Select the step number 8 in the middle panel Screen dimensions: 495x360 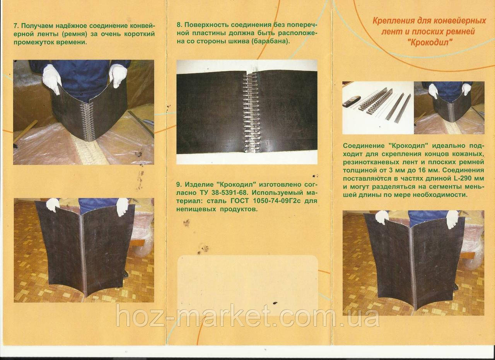tap(179, 25)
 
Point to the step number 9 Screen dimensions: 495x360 tap(179, 184)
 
